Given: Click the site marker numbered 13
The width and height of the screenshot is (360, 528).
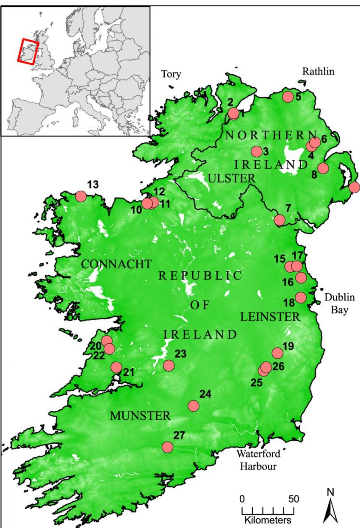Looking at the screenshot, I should pyautogui.click(x=81, y=196).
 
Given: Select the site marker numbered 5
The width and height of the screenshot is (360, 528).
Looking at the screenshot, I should pyautogui.click(x=288, y=97).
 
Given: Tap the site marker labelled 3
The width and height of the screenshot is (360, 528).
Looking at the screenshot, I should pyautogui.click(x=257, y=152).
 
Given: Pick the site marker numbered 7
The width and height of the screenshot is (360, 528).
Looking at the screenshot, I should pyautogui.click(x=279, y=220).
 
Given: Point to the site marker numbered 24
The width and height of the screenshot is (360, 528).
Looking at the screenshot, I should pyautogui.click(x=194, y=406).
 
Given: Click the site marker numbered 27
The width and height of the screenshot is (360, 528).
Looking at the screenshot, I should pyautogui.click(x=167, y=447).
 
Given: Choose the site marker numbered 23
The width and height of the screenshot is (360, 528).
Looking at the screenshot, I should pyautogui.click(x=169, y=365).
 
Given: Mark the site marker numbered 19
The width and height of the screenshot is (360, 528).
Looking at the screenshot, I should pyautogui.click(x=277, y=353).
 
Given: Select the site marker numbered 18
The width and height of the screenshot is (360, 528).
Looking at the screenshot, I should pyautogui.click(x=301, y=297).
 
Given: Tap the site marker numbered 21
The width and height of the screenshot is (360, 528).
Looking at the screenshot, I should pyautogui.click(x=116, y=367).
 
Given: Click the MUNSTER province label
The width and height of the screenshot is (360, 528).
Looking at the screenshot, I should pyautogui.click(x=140, y=416).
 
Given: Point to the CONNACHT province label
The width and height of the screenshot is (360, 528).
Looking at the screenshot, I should pyautogui.click(x=116, y=264).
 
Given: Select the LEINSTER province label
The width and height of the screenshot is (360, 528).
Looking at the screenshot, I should pyautogui.click(x=270, y=317).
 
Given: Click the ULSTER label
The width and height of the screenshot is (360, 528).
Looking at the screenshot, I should pyautogui.click(x=231, y=178).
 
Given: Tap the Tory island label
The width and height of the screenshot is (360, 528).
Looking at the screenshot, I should pyautogui.click(x=171, y=74).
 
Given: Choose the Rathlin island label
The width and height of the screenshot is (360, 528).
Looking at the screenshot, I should pyautogui.click(x=318, y=71).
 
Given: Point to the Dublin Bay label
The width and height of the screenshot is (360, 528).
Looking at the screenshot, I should pyautogui.click(x=339, y=303).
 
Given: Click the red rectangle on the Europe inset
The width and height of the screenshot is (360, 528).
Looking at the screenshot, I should pyautogui.click(x=28, y=51).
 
